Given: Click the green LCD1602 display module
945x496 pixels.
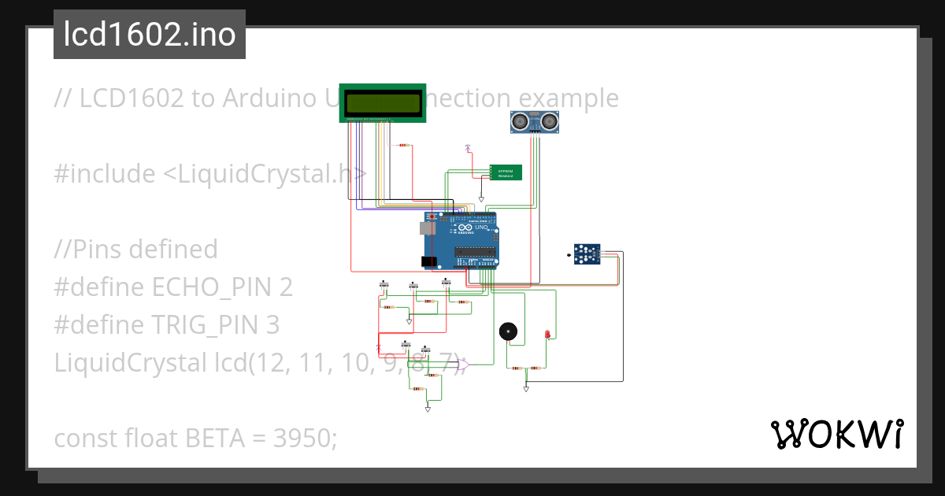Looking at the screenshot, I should pos(383,103).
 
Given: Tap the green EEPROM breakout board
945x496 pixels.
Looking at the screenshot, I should pos(505,172).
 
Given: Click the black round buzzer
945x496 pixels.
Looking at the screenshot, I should pos(510,331).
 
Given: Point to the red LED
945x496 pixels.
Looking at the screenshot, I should pos(547,335).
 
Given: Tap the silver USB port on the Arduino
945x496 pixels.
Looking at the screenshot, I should pos(425,228).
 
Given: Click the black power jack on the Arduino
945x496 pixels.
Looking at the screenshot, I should pos(428,261).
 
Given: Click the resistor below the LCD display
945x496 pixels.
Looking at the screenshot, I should pos(404,146).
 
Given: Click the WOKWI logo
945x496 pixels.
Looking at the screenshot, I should pos(836,434).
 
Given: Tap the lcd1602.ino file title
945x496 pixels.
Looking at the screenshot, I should pos(149,35).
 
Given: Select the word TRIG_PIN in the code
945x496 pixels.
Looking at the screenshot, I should pos(210,324).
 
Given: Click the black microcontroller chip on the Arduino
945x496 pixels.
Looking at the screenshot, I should pos(476,254).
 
